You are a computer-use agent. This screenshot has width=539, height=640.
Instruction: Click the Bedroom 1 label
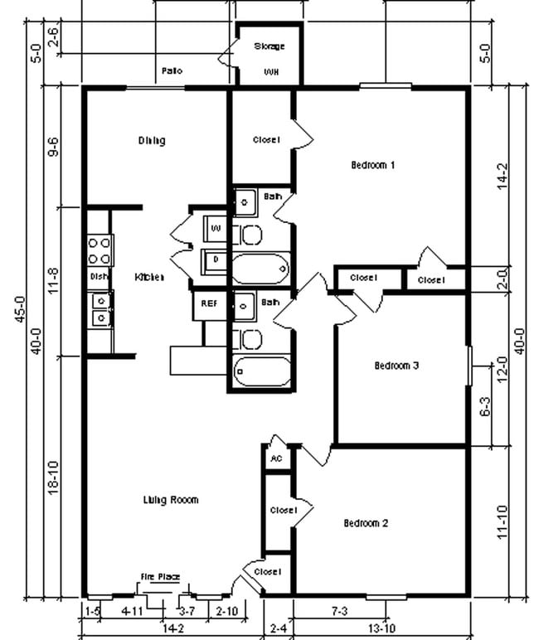[372, 165]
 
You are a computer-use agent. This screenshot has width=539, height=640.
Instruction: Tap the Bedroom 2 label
[366, 523]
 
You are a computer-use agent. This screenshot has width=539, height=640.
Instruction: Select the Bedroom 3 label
[396, 365]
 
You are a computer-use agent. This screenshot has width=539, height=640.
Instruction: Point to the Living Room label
[170, 500]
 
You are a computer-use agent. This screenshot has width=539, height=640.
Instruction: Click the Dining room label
[151, 140]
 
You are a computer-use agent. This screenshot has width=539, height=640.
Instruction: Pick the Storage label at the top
[269, 46]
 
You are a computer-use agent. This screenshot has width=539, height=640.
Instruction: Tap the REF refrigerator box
[209, 304]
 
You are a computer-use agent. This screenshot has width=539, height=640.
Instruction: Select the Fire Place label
[160, 577]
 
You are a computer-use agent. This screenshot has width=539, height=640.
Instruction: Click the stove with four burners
[100, 250]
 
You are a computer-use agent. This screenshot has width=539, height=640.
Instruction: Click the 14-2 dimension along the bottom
[172, 629]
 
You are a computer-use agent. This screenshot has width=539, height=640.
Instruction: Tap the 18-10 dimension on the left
[53, 477]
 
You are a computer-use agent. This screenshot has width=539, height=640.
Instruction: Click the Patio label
[172, 71]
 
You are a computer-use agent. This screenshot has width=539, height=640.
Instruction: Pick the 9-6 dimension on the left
[53, 147]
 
